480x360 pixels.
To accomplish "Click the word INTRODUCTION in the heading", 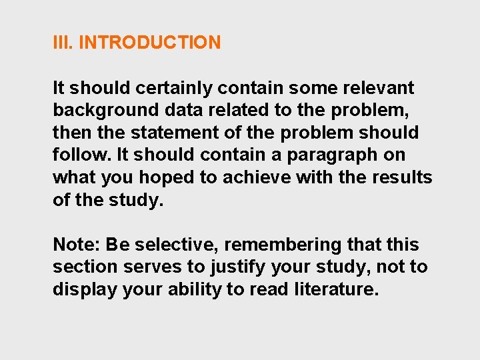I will pyautogui.click(x=149, y=43).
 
